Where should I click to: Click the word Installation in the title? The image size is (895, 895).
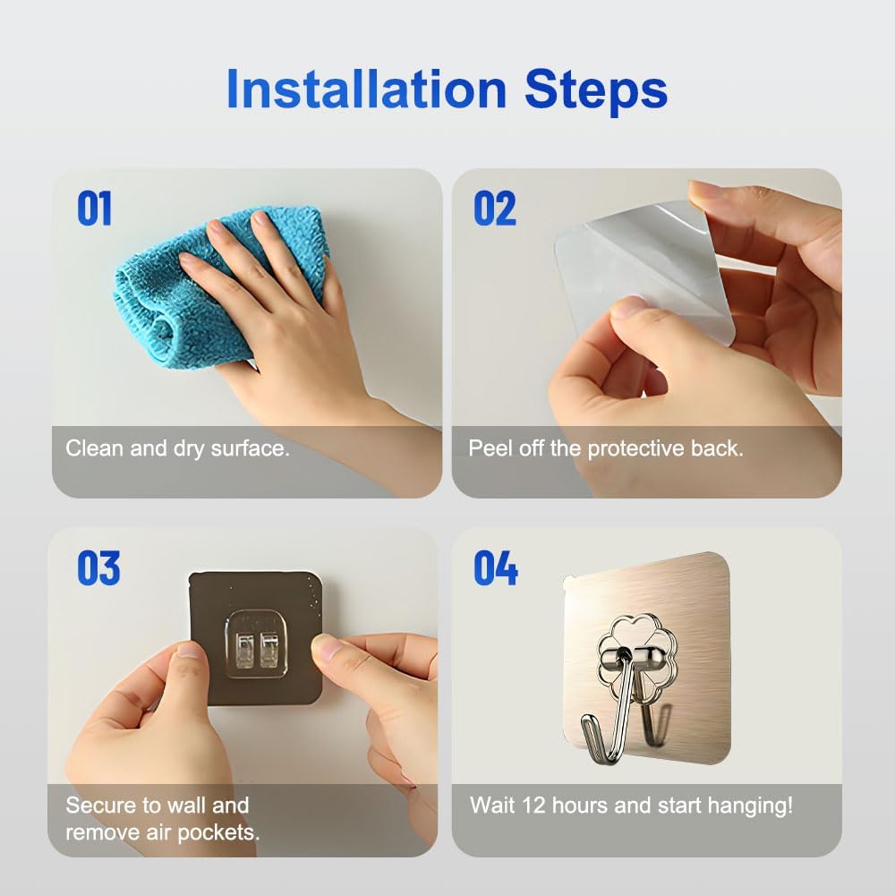point(366,89)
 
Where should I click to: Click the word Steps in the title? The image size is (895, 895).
point(595,89)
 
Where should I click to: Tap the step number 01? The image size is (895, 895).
point(94,209)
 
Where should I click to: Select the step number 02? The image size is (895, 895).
point(495,209)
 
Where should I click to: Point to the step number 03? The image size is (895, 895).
point(98,568)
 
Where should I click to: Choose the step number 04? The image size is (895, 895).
point(496,568)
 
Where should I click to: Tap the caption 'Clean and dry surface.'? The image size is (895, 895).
point(177,447)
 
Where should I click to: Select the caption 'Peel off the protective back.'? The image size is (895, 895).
point(606,447)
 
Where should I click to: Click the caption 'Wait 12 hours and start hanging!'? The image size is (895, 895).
point(631,805)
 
